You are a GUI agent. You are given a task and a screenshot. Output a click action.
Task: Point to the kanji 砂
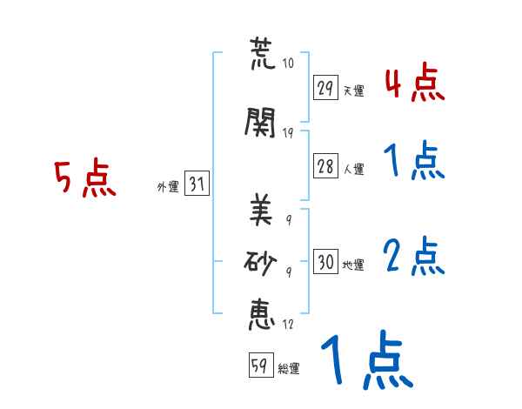click(x=261, y=262)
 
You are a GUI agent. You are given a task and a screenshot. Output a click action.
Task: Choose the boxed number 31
click(x=197, y=184)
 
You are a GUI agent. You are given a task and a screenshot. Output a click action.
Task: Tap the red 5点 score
click(x=85, y=180)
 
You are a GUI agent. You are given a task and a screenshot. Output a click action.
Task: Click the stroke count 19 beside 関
click(x=289, y=133)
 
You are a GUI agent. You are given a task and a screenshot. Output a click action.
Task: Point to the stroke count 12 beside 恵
click(x=288, y=325)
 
